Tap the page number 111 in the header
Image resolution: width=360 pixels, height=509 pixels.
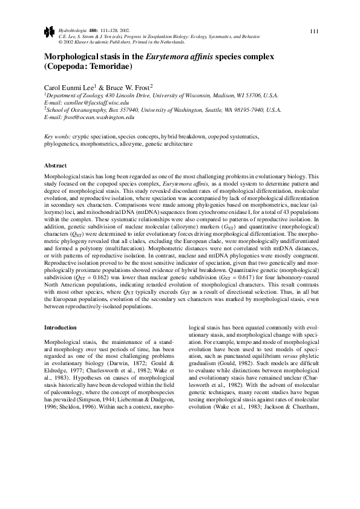click(313, 32)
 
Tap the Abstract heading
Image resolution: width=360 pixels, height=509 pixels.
click(55, 166)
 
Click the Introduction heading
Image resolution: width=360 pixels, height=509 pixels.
click(61, 328)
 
